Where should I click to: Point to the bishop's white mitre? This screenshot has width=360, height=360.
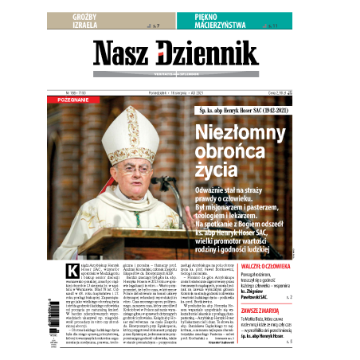point(126,128)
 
